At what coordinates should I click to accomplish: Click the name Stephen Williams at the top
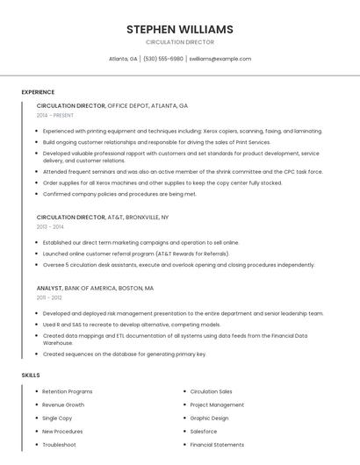pos(179,29)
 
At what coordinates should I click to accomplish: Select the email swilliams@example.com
pos(220,59)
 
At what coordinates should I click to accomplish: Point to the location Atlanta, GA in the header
pos(123,59)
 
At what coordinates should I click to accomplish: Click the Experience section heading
pos(38,92)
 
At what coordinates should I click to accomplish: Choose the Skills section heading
pos(31,375)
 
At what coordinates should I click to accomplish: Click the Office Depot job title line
pos(112,105)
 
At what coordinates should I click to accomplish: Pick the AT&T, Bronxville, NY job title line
pos(103,217)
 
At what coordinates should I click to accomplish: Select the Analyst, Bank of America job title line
pos(95,288)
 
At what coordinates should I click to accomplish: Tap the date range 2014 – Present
pos(55,115)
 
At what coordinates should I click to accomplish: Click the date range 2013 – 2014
pos(50,226)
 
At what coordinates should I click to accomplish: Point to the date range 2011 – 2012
pos(49,297)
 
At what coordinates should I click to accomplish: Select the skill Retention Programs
pos(68,391)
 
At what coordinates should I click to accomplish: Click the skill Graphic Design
pos(209,418)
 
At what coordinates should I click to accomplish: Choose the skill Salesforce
pos(204,432)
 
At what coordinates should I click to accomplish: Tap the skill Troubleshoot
pos(60,445)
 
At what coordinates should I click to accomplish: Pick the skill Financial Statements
pos(217,445)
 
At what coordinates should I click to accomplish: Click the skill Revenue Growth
pos(63,405)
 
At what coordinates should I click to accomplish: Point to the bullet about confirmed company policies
pos(119,194)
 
